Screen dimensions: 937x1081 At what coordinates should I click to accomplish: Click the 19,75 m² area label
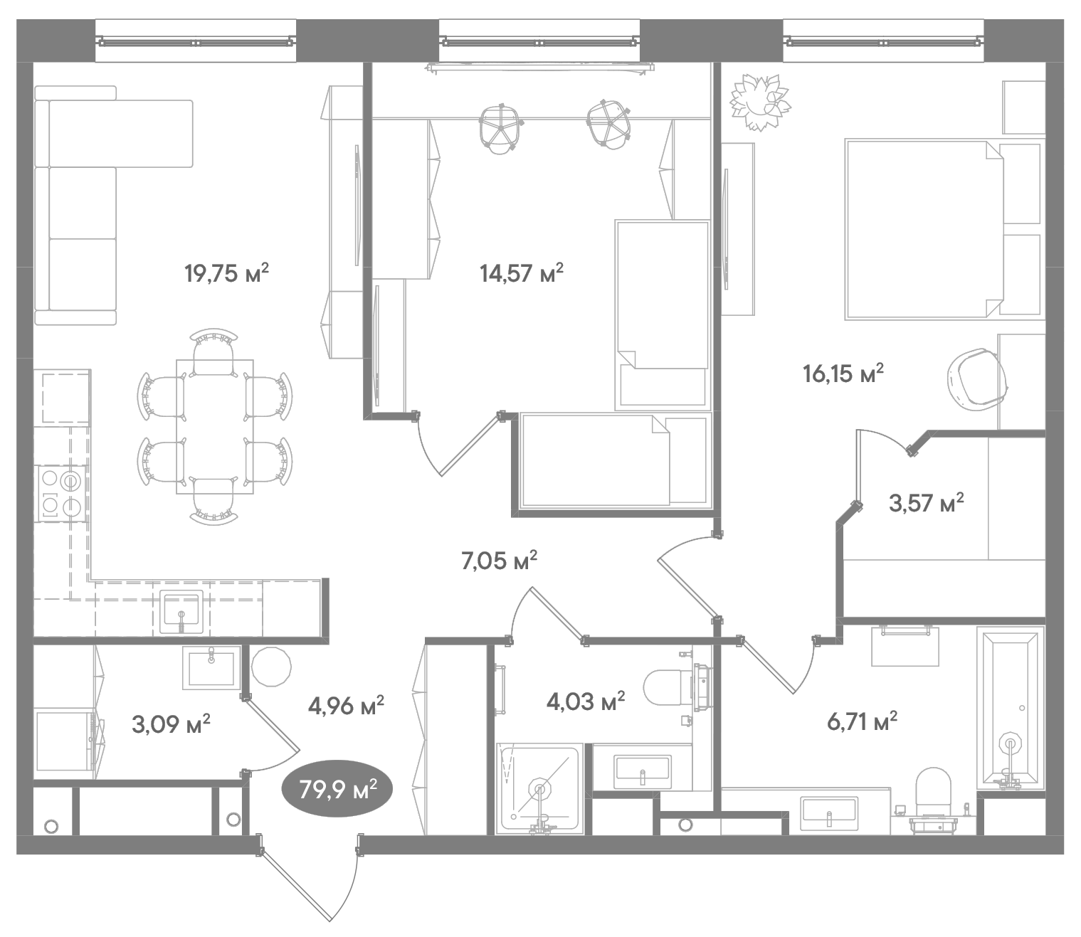coord(226,272)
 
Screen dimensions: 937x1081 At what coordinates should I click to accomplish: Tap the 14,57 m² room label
coord(522,272)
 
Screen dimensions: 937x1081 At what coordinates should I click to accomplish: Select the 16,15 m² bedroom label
coord(843,373)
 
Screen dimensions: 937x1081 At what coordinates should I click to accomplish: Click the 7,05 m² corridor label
coord(499,561)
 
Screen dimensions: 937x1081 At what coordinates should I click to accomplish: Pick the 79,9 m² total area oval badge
coord(337,789)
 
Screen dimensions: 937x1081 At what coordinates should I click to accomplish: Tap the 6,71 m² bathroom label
coord(862,722)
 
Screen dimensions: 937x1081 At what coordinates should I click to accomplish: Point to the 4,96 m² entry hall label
coord(346,706)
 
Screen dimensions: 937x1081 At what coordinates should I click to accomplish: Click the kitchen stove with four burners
coord(61,493)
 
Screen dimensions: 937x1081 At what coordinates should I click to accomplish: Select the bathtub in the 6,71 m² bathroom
coord(1011,708)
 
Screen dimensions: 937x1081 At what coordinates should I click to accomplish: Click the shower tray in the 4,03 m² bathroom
coord(539,788)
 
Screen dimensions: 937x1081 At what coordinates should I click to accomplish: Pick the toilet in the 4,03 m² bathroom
coord(673,688)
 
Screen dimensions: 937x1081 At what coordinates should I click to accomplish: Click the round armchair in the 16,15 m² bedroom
coord(976,380)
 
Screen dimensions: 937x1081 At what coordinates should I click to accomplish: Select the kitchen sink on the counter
coord(182,610)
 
